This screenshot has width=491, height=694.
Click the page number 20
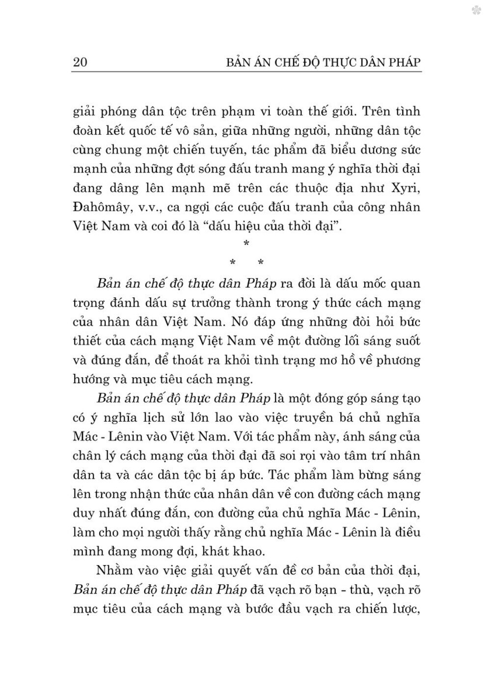coord(80,62)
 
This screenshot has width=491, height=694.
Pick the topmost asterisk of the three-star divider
coord(246,244)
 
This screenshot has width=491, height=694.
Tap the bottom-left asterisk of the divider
coord(233,263)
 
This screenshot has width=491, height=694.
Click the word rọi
coord(305,456)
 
